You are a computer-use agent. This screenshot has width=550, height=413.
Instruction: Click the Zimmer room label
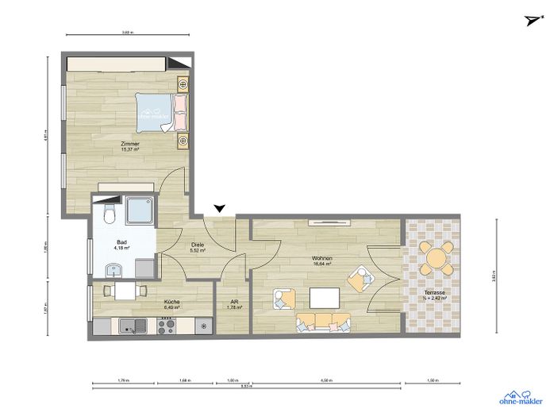tap(130, 144)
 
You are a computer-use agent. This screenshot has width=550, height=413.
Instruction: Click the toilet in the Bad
tap(110, 214)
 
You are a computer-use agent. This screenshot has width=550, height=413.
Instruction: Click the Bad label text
tap(121, 242)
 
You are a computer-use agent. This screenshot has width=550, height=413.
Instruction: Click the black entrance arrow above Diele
tap(220, 208)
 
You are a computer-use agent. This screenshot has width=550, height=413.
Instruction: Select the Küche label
tap(171, 302)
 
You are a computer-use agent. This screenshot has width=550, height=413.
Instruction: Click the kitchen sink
tap(129, 324)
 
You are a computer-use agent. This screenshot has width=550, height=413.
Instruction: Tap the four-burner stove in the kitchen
tap(167, 324)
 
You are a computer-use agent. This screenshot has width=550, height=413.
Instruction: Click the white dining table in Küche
tap(125, 291)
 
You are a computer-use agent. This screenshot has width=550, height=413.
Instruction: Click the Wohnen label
tap(321, 260)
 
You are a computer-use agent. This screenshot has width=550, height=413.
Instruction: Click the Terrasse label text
tap(434, 293)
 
